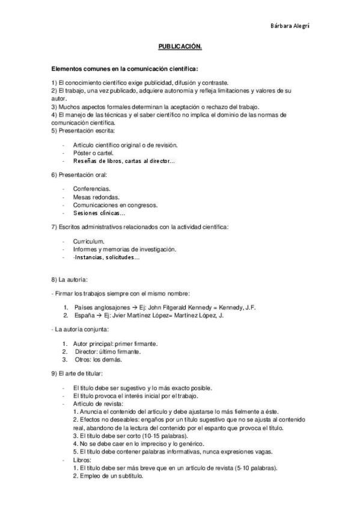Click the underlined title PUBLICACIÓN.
click(x=180, y=45)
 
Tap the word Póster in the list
click(x=82, y=153)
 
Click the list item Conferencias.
click(x=91, y=189)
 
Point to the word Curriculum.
click(x=88, y=241)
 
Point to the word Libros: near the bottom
click(x=83, y=459)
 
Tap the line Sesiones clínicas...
click(x=99, y=213)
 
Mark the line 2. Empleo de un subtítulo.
click(x=108, y=475)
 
